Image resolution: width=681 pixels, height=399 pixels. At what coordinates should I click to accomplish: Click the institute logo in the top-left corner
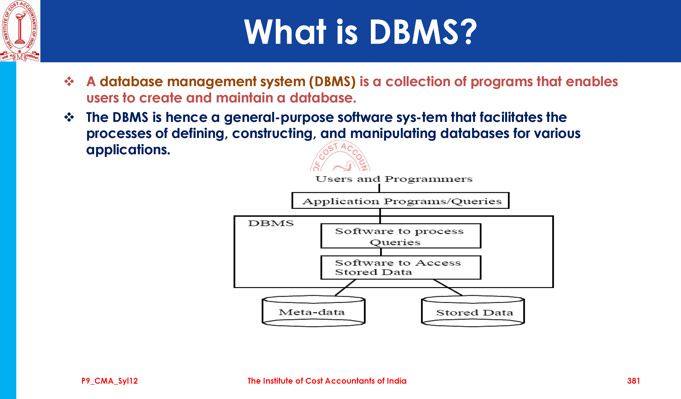coord(20,31)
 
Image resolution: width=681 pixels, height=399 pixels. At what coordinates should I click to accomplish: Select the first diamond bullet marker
coord(69,81)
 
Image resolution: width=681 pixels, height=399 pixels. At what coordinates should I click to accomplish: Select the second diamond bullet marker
coord(69,117)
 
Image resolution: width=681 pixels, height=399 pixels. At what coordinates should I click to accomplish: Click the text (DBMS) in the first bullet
coord(332,81)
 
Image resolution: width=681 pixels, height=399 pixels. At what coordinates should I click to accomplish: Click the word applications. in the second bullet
coord(128,150)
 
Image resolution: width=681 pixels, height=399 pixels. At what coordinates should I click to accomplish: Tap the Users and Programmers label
coord(394,179)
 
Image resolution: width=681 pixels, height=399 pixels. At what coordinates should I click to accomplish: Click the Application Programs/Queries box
coord(400,200)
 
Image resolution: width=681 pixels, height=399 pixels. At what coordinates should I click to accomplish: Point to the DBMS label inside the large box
coord(271,223)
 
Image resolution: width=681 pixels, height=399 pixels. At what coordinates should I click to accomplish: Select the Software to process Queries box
coord(401,236)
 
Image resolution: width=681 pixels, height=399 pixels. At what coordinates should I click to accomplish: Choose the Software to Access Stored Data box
coord(401,267)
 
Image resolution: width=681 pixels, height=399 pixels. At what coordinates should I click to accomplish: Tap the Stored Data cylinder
coord(473,312)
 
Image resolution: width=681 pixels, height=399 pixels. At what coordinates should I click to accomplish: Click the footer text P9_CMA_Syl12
coord(109,381)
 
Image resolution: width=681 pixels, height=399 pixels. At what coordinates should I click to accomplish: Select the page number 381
coord(633,381)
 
